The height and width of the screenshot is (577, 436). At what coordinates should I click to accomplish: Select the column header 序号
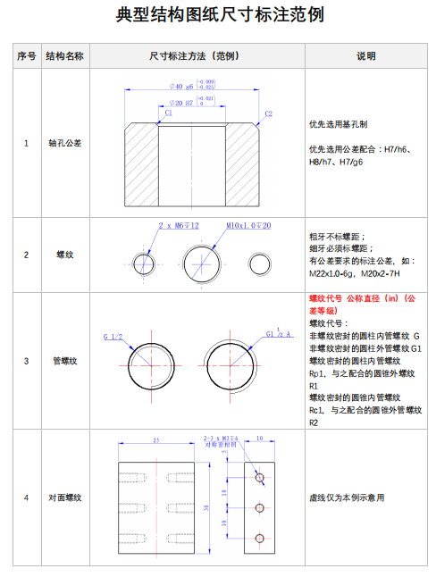coord(26,55)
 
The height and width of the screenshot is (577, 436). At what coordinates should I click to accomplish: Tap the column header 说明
coord(366,55)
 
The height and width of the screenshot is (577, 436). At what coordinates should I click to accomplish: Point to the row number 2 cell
coord(26,255)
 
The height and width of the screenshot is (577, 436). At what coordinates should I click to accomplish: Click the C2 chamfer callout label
coord(268,114)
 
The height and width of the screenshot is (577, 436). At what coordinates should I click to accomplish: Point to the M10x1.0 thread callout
coord(248,225)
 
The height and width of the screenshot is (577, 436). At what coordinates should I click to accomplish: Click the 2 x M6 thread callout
coord(178,225)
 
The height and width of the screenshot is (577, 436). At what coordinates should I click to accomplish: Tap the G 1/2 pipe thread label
coord(113,337)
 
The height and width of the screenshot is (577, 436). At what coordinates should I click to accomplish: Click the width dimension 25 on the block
coord(156,440)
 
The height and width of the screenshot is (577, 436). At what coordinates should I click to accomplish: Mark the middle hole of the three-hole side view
coord(260,508)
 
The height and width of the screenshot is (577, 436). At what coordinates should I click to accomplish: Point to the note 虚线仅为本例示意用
coord(347,498)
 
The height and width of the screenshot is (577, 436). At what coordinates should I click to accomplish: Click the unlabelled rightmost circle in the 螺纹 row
coord(261,263)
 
